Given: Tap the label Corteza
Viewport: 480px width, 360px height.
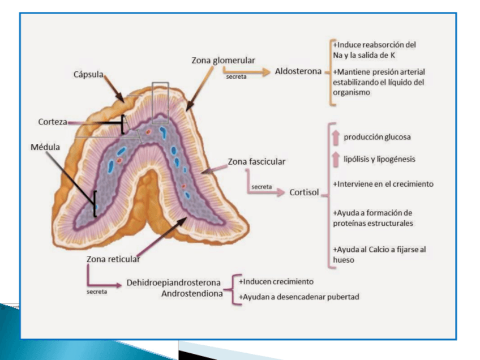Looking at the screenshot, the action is [x=53, y=121].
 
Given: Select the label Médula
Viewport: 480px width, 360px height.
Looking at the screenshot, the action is [x=45, y=147].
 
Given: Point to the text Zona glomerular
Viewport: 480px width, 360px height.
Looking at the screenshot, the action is [x=223, y=60].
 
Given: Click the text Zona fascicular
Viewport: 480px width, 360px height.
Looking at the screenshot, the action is [x=256, y=161].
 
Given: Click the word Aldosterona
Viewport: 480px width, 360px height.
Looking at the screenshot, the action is [x=298, y=71].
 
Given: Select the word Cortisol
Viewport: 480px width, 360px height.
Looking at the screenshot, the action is [x=304, y=192].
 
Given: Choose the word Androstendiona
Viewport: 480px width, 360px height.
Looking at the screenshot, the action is [x=191, y=294].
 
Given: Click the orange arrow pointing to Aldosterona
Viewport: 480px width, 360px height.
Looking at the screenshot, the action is [x=258, y=72].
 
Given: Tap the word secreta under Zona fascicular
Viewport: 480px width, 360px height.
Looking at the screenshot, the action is [x=261, y=186].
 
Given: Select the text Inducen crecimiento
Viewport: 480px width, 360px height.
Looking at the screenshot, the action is [x=277, y=281].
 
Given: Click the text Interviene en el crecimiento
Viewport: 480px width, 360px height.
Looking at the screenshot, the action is [x=375, y=184].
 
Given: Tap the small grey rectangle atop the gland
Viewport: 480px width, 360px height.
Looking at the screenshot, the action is [x=160, y=102].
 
